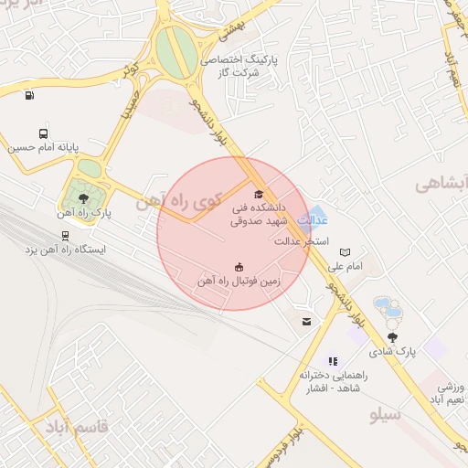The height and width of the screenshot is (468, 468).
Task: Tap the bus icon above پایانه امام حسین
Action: (x=45, y=133)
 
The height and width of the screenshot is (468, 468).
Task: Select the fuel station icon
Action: (x=30, y=95)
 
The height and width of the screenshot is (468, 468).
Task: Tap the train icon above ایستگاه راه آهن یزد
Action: (x=64, y=234)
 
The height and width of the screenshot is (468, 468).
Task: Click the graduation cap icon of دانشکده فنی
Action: (x=259, y=194)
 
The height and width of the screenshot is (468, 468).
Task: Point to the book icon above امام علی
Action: (x=345, y=252)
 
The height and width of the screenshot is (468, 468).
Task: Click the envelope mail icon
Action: (x=305, y=321)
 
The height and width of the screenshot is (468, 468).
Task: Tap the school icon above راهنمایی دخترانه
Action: (x=333, y=361)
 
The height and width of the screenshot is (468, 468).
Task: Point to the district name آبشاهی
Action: (x=441, y=184)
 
